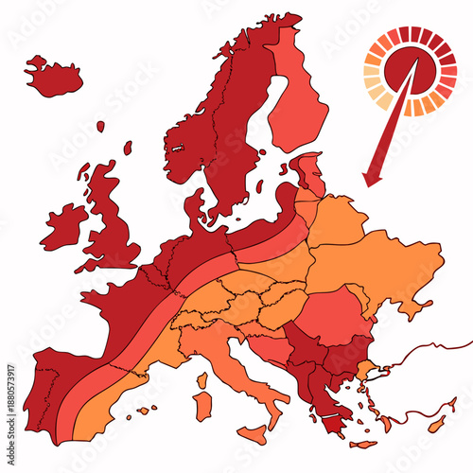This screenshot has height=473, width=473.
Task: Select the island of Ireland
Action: tap(64, 225)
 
